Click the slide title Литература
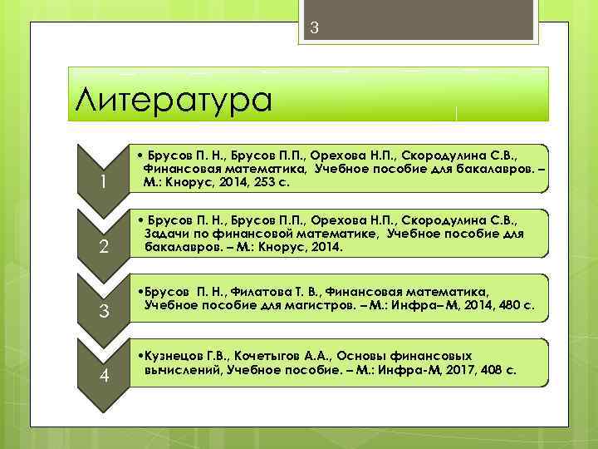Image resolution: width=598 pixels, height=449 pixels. (x=173, y=100)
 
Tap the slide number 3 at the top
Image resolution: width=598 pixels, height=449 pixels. (x=315, y=27)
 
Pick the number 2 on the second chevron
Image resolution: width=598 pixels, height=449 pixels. (x=103, y=246)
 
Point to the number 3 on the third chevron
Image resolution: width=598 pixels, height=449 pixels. (x=104, y=312)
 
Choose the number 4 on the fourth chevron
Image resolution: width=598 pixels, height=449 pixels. (x=104, y=375)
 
